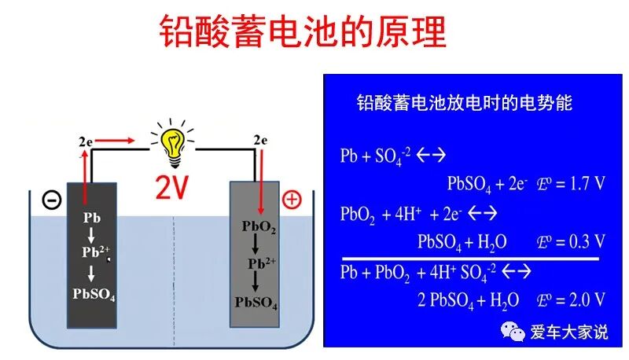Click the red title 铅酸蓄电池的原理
(x=303, y=32)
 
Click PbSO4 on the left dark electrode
(x=93, y=295)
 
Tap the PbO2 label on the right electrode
(x=259, y=227)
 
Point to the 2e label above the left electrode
(x=86, y=141)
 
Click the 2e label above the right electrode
(x=261, y=140)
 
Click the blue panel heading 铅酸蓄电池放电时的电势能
(x=465, y=103)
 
